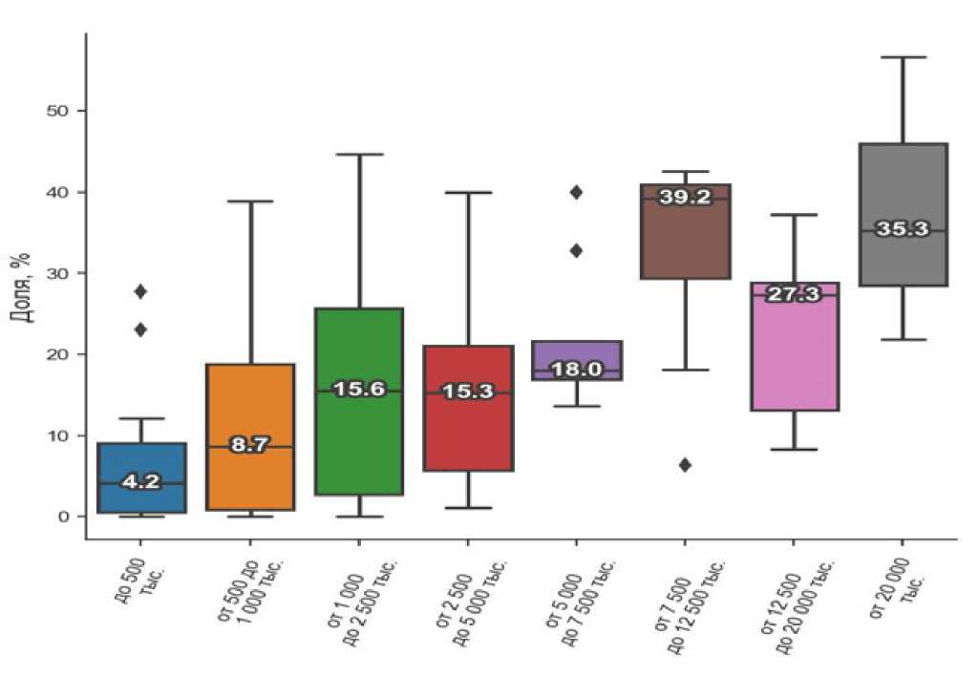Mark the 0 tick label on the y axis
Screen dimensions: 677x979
[x=63, y=517]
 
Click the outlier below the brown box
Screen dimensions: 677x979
[x=685, y=465]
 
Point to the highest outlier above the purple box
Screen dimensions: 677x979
[x=576, y=192]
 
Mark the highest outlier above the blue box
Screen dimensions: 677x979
[x=140, y=291]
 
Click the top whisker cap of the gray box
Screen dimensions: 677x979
[x=903, y=57]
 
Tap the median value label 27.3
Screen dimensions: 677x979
[x=794, y=294]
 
